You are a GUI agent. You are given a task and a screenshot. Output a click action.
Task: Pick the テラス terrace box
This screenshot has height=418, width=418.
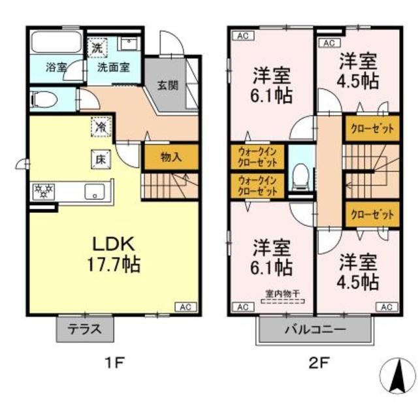click(x=85, y=329)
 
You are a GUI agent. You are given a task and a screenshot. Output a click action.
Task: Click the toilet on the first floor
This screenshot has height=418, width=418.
click(x=46, y=100)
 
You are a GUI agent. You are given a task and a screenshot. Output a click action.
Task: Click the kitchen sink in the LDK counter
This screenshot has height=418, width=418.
click(x=95, y=192)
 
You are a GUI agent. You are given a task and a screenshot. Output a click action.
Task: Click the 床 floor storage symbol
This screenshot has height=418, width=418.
click(x=101, y=158)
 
